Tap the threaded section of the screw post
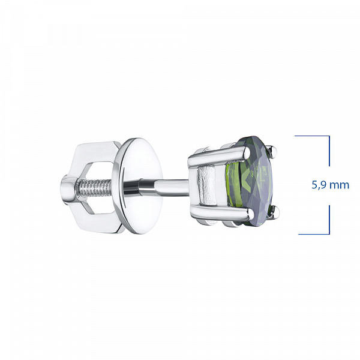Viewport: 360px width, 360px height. (x=94, y=188)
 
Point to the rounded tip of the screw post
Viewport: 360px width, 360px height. (x=67, y=189)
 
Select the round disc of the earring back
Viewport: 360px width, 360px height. (x=137, y=185)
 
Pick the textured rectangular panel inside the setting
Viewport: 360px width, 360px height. (x=207, y=185)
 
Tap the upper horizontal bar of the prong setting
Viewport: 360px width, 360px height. (x=218, y=157)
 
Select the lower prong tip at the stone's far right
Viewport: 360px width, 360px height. (x=275, y=211)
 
